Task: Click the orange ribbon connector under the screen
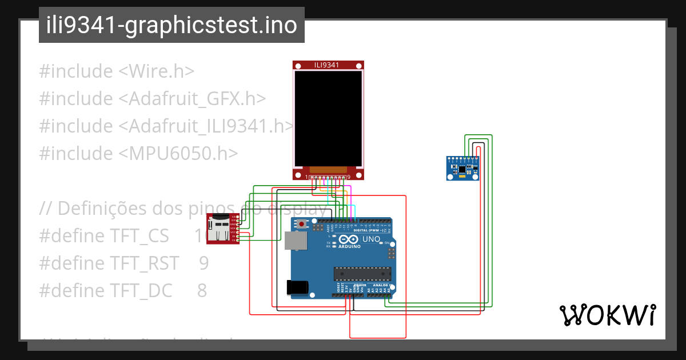328,170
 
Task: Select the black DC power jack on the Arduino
298,287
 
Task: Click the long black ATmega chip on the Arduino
362,274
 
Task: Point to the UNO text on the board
371,239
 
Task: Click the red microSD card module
222,229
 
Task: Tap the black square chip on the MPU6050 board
462,169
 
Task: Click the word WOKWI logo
607,315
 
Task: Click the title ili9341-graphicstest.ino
171,25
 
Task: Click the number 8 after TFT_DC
202,290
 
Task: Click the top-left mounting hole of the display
298,66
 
